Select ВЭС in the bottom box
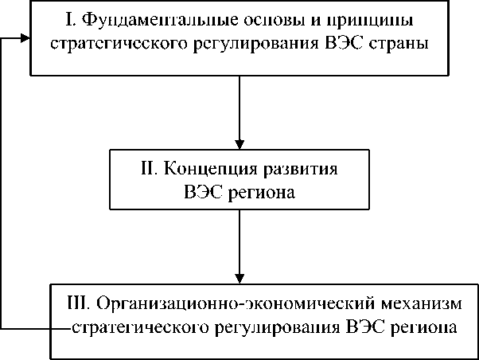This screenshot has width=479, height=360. pyautogui.click(x=367, y=327)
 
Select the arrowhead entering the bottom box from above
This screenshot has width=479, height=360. pyautogui.click(x=240, y=276)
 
